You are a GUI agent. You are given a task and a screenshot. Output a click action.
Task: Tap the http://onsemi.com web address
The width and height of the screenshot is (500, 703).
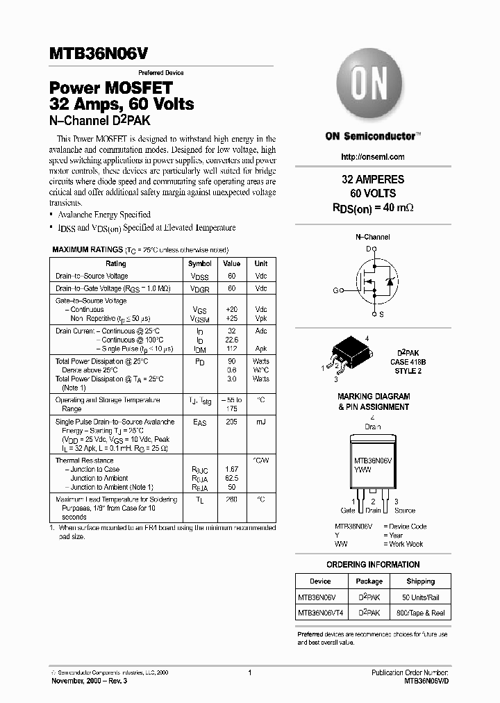[x=373, y=157]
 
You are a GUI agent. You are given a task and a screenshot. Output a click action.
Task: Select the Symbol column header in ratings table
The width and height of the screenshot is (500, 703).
[x=199, y=264]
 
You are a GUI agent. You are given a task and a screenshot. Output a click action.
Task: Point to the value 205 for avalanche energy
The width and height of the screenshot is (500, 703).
[x=231, y=422]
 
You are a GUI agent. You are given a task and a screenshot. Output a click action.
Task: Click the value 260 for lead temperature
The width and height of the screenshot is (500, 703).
[x=231, y=499]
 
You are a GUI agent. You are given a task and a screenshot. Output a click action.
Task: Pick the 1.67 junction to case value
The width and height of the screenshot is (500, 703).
[x=231, y=469]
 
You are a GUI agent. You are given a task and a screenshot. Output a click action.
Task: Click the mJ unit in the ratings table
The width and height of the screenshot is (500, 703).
[x=261, y=422]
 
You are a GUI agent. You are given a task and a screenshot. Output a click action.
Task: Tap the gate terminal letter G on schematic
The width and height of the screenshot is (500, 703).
[x=336, y=290]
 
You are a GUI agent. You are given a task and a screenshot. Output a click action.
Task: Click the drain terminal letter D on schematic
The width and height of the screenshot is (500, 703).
[x=369, y=248]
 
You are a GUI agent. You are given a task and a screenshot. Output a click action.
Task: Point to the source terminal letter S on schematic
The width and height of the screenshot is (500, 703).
[x=381, y=314]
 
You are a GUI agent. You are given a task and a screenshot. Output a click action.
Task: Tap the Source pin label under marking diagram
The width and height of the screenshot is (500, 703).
[x=404, y=511]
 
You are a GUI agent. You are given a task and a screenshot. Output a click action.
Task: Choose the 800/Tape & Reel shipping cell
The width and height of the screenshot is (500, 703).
[x=420, y=613]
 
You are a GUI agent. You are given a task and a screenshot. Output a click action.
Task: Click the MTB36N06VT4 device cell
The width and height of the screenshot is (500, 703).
[x=319, y=613]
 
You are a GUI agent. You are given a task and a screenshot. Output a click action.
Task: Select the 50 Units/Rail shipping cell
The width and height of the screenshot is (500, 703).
[x=420, y=597]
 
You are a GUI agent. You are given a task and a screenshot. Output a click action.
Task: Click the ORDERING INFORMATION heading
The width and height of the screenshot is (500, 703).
[x=373, y=565]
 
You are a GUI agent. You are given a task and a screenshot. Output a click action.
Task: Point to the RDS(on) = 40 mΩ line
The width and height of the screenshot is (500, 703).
[x=373, y=207]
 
